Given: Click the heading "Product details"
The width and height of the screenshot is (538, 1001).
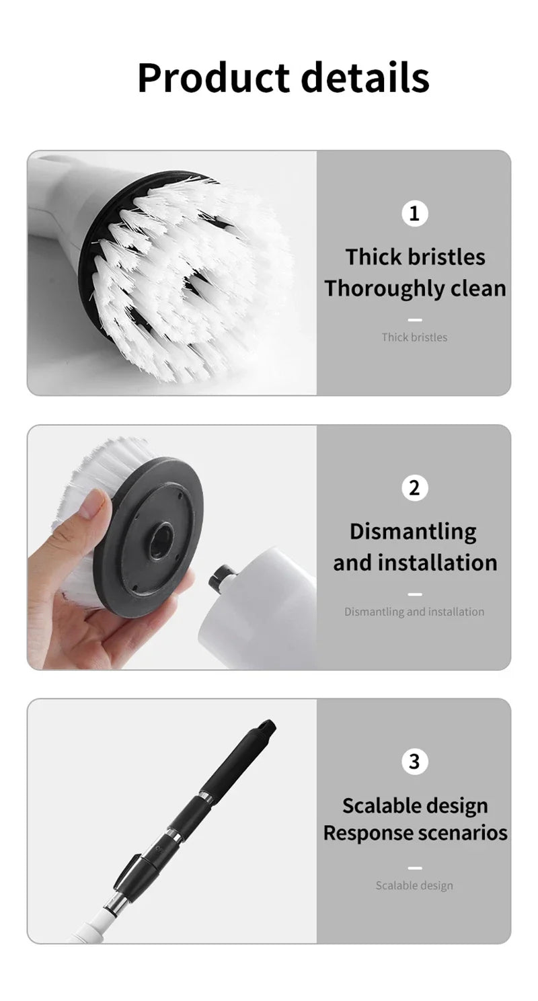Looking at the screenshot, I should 283,77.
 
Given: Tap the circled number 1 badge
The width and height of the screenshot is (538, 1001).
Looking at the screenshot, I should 414,213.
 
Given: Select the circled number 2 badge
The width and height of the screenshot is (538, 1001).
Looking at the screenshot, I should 414,487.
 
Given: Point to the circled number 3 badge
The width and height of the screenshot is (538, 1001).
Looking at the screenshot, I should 414,762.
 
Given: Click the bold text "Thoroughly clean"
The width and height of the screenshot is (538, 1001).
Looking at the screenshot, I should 415,288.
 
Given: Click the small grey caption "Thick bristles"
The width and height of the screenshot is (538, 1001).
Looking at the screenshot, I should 414,337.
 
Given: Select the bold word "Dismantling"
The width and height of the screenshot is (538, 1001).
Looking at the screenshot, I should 413,532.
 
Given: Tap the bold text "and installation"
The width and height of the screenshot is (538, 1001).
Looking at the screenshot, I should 415,563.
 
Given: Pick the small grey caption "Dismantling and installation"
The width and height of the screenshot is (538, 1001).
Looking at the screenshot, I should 414,612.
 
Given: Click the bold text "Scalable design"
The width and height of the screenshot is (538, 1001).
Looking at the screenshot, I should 415,805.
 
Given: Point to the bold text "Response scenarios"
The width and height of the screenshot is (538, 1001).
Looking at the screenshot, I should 415,833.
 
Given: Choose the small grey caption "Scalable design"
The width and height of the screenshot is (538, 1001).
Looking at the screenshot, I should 414,885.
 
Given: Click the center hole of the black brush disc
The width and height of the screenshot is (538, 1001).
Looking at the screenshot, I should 161,540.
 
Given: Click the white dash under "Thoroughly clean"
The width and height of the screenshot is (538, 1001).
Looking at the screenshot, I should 415,320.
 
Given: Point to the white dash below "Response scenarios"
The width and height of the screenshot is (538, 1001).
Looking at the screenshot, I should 415,868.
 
